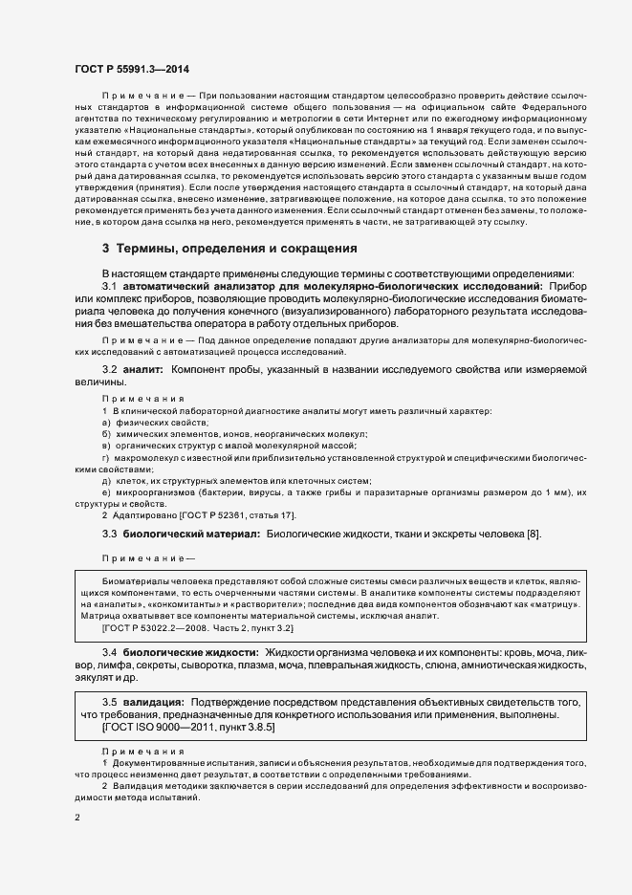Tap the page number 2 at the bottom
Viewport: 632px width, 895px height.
point(77,818)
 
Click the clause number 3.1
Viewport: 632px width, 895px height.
point(109,286)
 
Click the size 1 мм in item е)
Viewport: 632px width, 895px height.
point(555,491)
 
